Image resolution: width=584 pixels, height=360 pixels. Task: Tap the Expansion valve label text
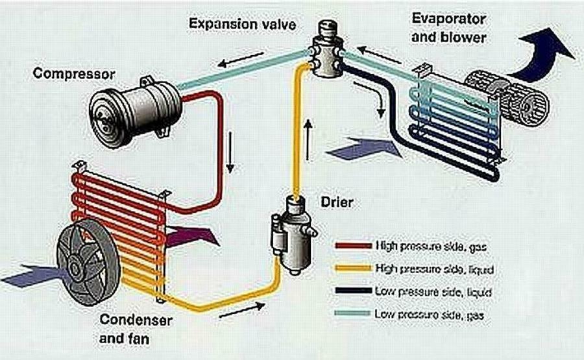(243, 25)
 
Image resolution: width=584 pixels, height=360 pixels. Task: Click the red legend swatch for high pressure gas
(352, 246)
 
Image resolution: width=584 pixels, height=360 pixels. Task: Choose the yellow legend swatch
(352, 269)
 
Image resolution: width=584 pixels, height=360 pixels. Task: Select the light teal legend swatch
(352, 314)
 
